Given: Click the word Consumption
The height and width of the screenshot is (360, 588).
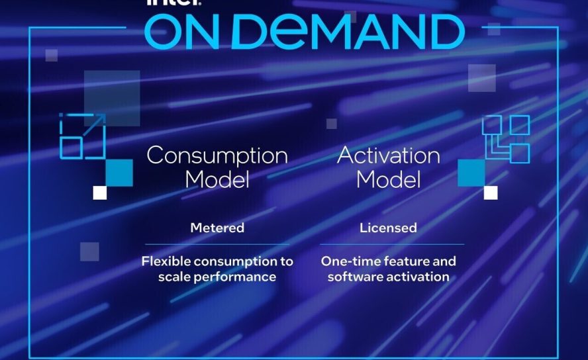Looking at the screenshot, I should pyautogui.click(x=217, y=156).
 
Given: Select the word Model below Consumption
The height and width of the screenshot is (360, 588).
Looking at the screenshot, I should pyautogui.click(x=217, y=179).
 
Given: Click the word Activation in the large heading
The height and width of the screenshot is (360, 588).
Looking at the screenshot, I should pyautogui.click(x=388, y=156).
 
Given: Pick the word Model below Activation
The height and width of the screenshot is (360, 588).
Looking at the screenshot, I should pyautogui.click(x=388, y=179).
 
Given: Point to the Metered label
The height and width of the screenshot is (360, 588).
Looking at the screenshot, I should pyautogui.click(x=217, y=228).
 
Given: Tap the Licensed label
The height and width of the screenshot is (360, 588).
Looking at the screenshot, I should pyautogui.click(x=388, y=228).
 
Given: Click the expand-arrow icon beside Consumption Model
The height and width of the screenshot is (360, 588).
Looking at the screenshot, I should pyautogui.click(x=82, y=136).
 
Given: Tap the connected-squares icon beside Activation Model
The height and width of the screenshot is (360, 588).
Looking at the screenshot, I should pyautogui.click(x=506, y=138).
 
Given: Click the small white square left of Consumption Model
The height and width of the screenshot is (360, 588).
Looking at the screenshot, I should pyautogui.click(x=99, y=193).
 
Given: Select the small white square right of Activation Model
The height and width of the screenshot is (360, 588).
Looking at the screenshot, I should pyautogui.click(x=491, y=193).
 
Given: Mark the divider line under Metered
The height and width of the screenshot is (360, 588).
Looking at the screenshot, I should pyautogui.click(x=217, y=244).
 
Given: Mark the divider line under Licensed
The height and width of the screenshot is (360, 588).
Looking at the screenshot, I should pyautogui.click(x=388, y=244).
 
